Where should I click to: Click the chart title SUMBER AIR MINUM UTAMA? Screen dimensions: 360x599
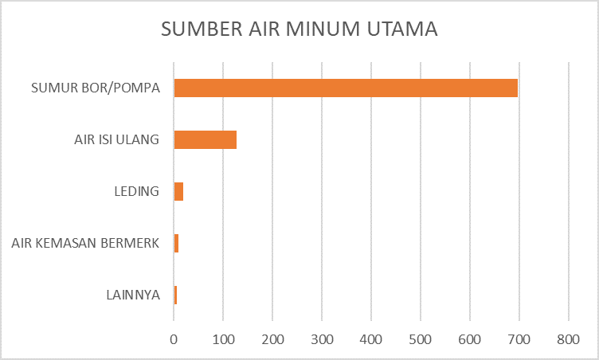click(299, 29)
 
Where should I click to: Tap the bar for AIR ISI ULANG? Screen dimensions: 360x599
click(206, 139)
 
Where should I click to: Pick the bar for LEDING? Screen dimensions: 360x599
click(178, 191)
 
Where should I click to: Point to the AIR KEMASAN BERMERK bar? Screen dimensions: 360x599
click(176, 243)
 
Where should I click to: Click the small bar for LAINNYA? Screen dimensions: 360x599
click(175, 295)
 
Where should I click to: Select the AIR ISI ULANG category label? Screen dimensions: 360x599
click(112, 140)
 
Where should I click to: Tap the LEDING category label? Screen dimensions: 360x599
click(138, 192)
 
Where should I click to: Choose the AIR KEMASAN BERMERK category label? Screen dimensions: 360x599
click(86, 244)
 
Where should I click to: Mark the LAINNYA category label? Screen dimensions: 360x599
click(133, 295)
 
